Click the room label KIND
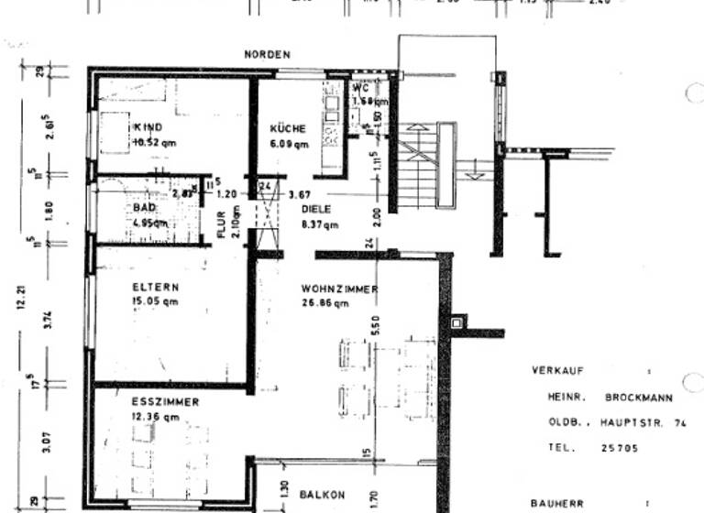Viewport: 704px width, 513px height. [148, 127]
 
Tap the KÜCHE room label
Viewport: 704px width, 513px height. [288, 129]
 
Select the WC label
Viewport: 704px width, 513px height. [360, 89]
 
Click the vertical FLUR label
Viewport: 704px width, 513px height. [221, 224]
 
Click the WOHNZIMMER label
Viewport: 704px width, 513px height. [340, 289]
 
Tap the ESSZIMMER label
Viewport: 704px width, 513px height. [165, 402]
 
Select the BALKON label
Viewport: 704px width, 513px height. [323, 495]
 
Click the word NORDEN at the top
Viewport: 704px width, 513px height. [267, 55]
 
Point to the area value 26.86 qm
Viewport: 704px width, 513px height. [325, 304]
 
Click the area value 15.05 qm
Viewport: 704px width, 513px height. [156, 300]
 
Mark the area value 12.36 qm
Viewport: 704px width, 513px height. [155, 417]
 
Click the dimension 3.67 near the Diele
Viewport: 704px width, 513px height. [300, 194]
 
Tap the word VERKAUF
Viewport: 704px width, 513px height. [556, 371]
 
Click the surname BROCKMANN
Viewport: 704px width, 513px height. [638, 398]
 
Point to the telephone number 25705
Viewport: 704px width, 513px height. [621, 449]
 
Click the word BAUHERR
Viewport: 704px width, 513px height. [557, 503]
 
